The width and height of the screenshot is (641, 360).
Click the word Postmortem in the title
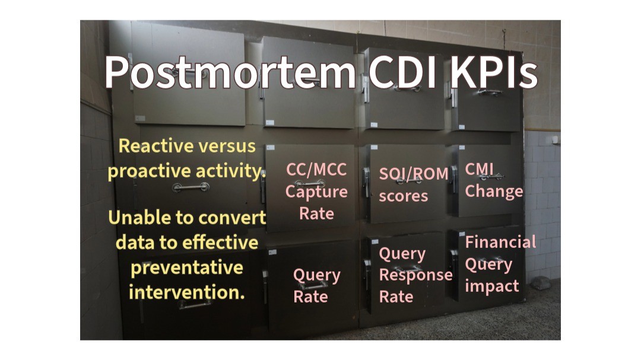(230, 72)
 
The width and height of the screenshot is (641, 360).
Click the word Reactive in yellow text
(155, 146)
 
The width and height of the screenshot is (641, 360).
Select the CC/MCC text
(316, 170)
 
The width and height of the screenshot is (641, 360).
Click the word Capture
(316, 192)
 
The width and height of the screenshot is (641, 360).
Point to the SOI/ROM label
(413, 173)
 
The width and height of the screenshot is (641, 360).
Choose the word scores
(403, 196)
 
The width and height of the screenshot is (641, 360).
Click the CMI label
(480, 169)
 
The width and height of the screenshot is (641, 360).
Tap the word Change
(494, 191)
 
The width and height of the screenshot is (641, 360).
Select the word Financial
(500, 242)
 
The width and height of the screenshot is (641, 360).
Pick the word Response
(415, 275)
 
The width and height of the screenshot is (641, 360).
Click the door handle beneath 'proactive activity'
(191, 187)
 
